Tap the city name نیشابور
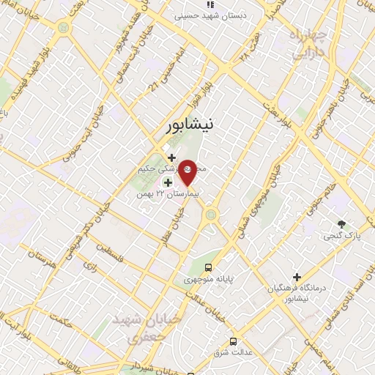[187, 126]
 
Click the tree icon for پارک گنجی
[342, 223]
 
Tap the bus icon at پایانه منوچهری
[209, 267]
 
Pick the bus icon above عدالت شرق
[233, 341]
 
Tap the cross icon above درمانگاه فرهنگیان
[297, 277]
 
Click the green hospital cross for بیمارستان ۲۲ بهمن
[168, 182]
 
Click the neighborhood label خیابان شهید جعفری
[135, 329]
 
